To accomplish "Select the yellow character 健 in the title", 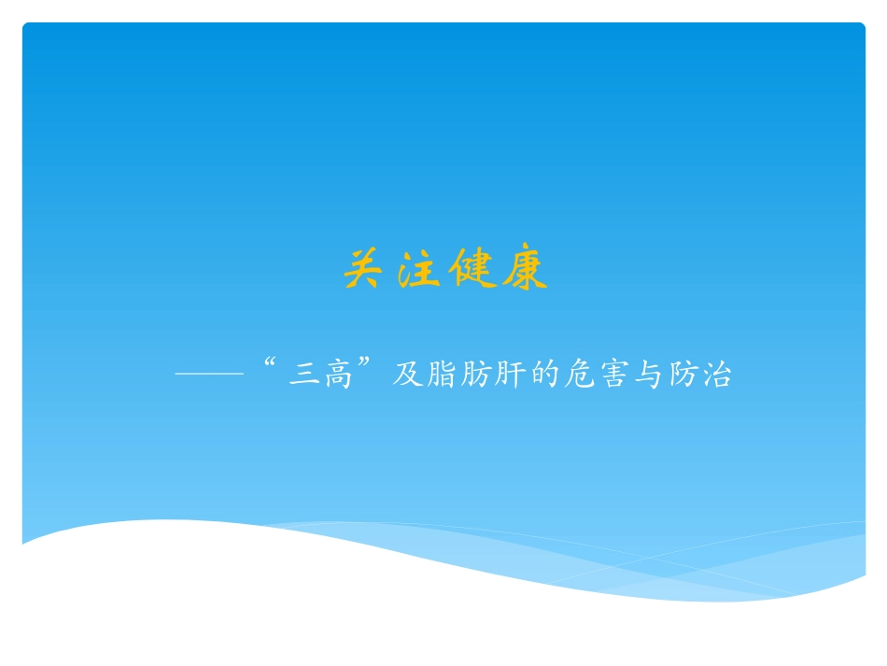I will coord(470,271).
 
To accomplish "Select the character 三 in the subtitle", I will coord(301,376).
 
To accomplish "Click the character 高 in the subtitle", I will coord(334,376).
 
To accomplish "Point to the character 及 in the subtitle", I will coord(407,376).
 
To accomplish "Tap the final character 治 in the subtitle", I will coord(717,376).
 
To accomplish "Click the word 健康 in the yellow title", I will coord(497,271).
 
